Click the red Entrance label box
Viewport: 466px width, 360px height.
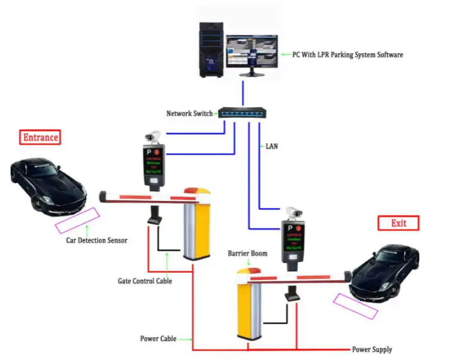(x=41, y=137)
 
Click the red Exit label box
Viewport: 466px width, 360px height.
(x=398, y=223)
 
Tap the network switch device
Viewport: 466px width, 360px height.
(x=243, y=113)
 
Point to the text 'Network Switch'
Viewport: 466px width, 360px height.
(x=189, y=113)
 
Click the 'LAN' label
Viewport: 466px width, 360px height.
(x=272, y=145)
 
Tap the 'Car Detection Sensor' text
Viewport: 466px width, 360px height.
(x=96, y=240)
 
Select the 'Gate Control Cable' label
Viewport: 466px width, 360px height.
(x=144, y=280)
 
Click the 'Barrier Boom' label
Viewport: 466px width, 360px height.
(x=247, y=254)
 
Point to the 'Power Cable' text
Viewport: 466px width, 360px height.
(x=158, y=338)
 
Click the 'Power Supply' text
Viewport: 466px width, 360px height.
(x=371, y=349)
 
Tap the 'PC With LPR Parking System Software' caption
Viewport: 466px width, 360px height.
(x=348, y=54)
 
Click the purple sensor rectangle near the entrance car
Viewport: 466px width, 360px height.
(x=77, y=221)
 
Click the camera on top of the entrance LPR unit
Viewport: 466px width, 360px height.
(x=154, y=135)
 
